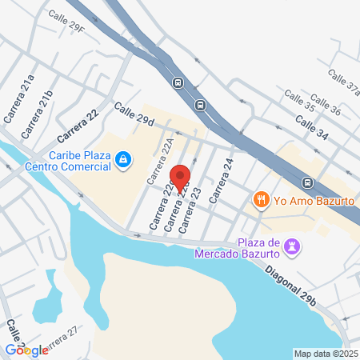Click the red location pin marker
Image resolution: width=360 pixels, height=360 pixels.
point(180,178)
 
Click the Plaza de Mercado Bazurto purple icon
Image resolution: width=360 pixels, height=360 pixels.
point(294,246)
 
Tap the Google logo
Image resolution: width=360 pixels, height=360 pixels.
point(26,350)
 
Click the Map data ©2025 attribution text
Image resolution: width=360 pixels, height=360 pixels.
point(324,354)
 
